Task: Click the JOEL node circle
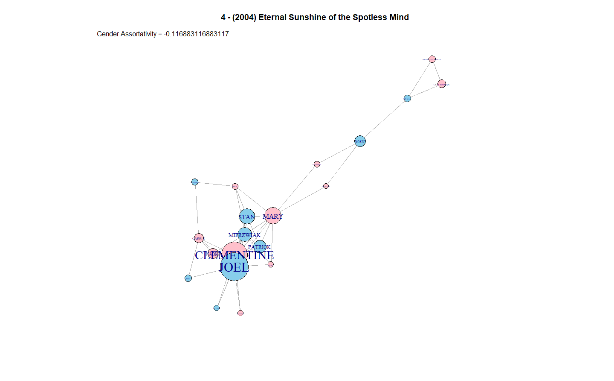[x=234, y=269]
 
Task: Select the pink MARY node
[x=273, y=216]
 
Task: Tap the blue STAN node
[x=247, y=217]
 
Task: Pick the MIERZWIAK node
[x=245, y=234]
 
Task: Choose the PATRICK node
[x=260, y=246]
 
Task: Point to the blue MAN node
[x=360, y=141]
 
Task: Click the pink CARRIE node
[x=199, y=238]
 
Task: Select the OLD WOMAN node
[x=442, y=84]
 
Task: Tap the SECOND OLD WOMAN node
[x=432, y=59]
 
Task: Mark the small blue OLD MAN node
[x=407, y=99]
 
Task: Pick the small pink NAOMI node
[x=213, y=253]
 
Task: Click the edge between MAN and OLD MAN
[x=384, y=120]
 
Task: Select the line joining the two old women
[x=437, y=71]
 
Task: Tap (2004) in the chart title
[x=244, y=18]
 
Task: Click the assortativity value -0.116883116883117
[x=196, y=34]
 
